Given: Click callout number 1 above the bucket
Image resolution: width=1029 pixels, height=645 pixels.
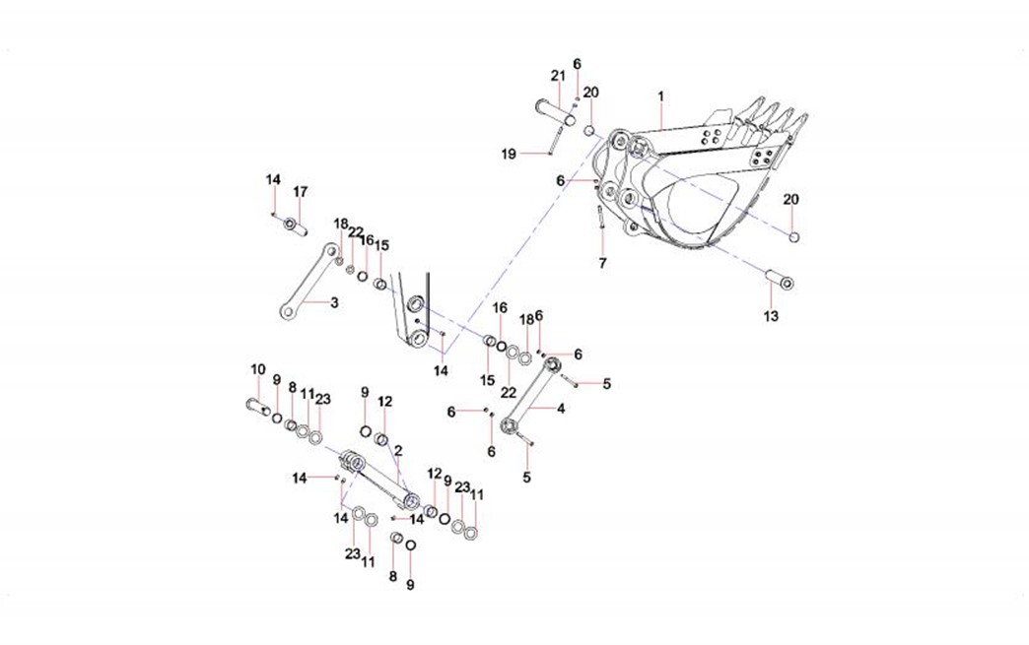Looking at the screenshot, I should tap(661, 97).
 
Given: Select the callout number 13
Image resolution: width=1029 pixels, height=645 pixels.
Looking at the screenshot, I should tap(771, 316).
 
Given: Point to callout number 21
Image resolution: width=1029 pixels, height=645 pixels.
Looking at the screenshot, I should tap(558, 76).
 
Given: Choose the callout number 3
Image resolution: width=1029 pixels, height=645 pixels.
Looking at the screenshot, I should tap(334, 302).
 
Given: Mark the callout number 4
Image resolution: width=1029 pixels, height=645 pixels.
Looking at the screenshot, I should tap(561, 408).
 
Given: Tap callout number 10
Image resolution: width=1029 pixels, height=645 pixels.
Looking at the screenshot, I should tap(257, 369).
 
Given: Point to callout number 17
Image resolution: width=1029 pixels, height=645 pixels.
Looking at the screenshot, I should tap(301, 191).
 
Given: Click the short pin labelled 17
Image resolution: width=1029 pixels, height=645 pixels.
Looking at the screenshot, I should tap(294, 227).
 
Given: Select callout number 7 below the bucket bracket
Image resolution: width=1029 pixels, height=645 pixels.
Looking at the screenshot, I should tap(602, 263).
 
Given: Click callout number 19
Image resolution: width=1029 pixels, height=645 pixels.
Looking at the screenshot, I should tap(508, 153).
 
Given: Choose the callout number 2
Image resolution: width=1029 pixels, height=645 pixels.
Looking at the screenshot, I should tap(397, 450).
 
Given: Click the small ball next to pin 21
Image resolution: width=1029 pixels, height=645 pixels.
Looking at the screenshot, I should tap(587, 131).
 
